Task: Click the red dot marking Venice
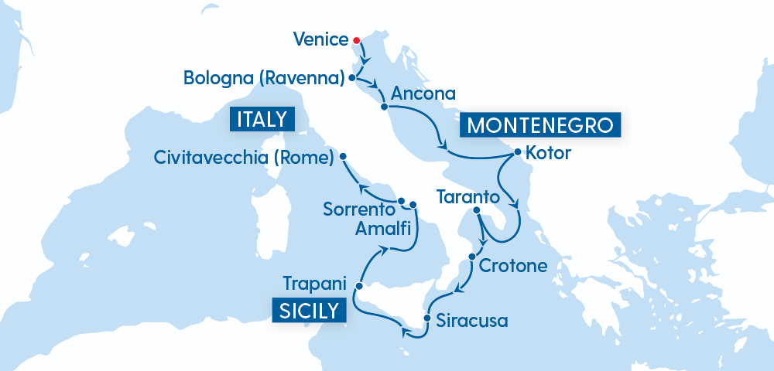[x=356, y=40]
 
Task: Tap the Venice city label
[x=321, y=39]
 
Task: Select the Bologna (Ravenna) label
[x=264, y=78]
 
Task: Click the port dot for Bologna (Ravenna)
[x=352, y=78]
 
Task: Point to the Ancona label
[x=423, y=94]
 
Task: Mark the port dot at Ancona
[x=383, y=107]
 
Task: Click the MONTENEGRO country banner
[x=541, y=125]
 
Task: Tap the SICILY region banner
[x=307, y=310]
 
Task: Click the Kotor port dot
[x=516, y=152]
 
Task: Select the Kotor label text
[x=548, y=153]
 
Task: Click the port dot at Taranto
[x=476, y=211]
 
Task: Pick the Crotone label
[x=513, y=267]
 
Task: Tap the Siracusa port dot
[x=426, y=318]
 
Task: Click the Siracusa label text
[x=472, y=319]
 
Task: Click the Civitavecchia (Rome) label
[x=244, y=158]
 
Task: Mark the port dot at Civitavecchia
[x=343, y=156]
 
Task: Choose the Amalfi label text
[x=383, y=228]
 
